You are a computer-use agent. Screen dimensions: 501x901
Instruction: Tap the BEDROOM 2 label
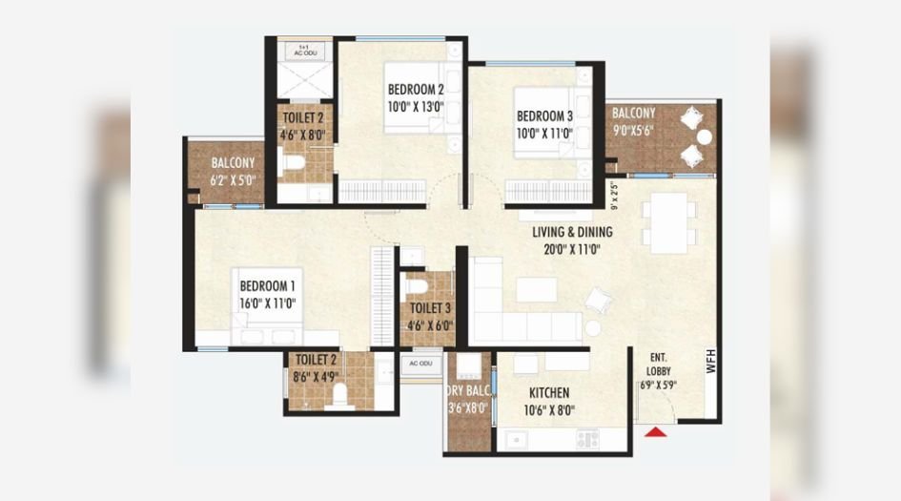tap(416, 90)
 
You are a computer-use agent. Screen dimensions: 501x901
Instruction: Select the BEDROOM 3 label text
tap(544, 116)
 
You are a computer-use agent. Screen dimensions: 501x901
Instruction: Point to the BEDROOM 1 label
tap(267, 285)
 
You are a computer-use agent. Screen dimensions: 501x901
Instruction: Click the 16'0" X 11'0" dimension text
tap(267, 303)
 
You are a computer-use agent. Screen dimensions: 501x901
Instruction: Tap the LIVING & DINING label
tap(572, 232)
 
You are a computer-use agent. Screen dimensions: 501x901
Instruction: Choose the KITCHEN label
tap(549, 393)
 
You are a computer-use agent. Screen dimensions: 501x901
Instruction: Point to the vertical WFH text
tap(710, 362)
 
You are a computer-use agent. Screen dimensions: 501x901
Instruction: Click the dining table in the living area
tap(668, 223)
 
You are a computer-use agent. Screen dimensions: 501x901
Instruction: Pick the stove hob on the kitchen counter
tap(587, 439)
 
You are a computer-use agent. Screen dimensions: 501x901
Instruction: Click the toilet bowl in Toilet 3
tap(417, 285)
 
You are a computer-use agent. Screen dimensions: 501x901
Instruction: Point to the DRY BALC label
tap(468, 390)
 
